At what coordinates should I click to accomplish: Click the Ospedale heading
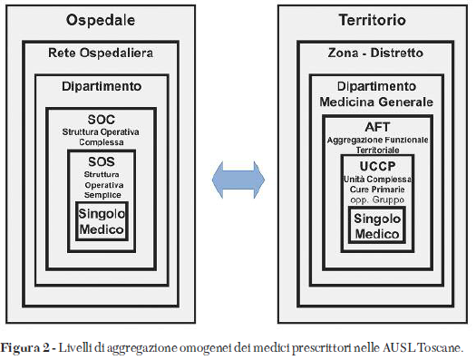101,21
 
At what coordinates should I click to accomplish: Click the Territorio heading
372,21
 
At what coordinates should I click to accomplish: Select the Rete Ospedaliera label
101,54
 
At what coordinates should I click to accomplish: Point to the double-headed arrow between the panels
237,175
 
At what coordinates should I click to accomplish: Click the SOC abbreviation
102,119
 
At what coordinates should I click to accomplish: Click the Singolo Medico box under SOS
102,220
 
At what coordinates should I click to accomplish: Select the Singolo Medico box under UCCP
375,226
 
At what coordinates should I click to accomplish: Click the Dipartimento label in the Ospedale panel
101,86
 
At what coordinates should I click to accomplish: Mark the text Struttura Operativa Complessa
102,136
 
